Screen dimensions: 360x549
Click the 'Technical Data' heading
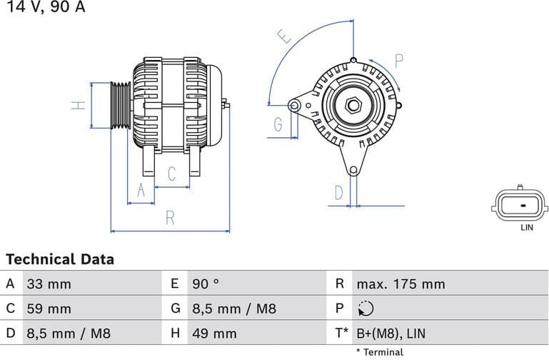60,259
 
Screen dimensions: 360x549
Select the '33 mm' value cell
49,284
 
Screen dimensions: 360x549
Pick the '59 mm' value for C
49,309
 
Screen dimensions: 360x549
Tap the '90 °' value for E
205,284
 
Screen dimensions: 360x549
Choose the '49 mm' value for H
214,334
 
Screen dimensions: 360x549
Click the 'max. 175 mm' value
401,284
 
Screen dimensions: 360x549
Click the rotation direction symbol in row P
364,309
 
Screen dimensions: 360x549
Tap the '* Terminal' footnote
379,352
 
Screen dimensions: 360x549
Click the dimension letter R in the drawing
170,219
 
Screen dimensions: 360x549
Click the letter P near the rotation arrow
399,61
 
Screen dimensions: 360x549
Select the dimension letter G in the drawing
279,126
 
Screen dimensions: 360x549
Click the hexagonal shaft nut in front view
353,106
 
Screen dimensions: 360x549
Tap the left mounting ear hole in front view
293,106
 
